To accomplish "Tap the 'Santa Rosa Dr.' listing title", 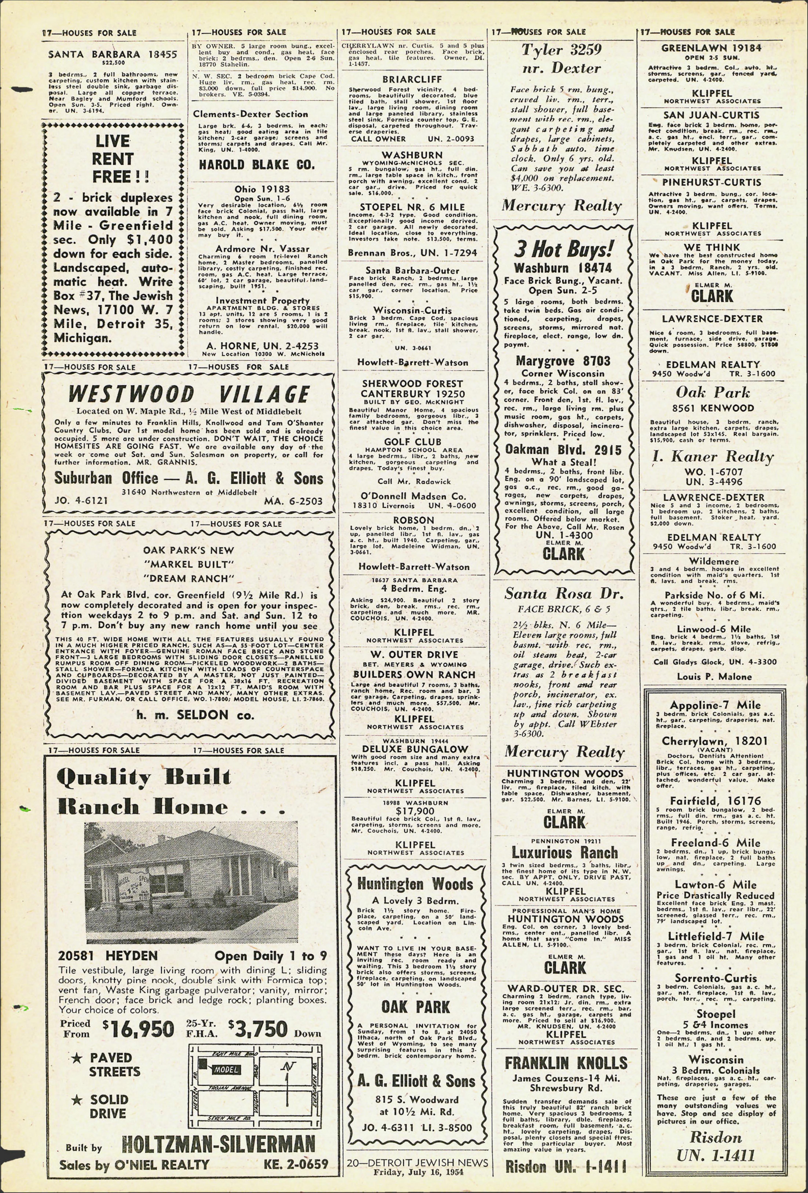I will pyautogui.click(x=564, y=594).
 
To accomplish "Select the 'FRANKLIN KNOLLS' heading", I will pyautogui.click(x=566, y=1063).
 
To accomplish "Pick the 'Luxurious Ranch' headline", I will pyautogui.click(x=565, y=853).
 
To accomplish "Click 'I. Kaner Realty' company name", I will pyautogui.click(x=713, y=456).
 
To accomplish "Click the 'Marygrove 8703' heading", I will pyautogui.click(x=563, y=361).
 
